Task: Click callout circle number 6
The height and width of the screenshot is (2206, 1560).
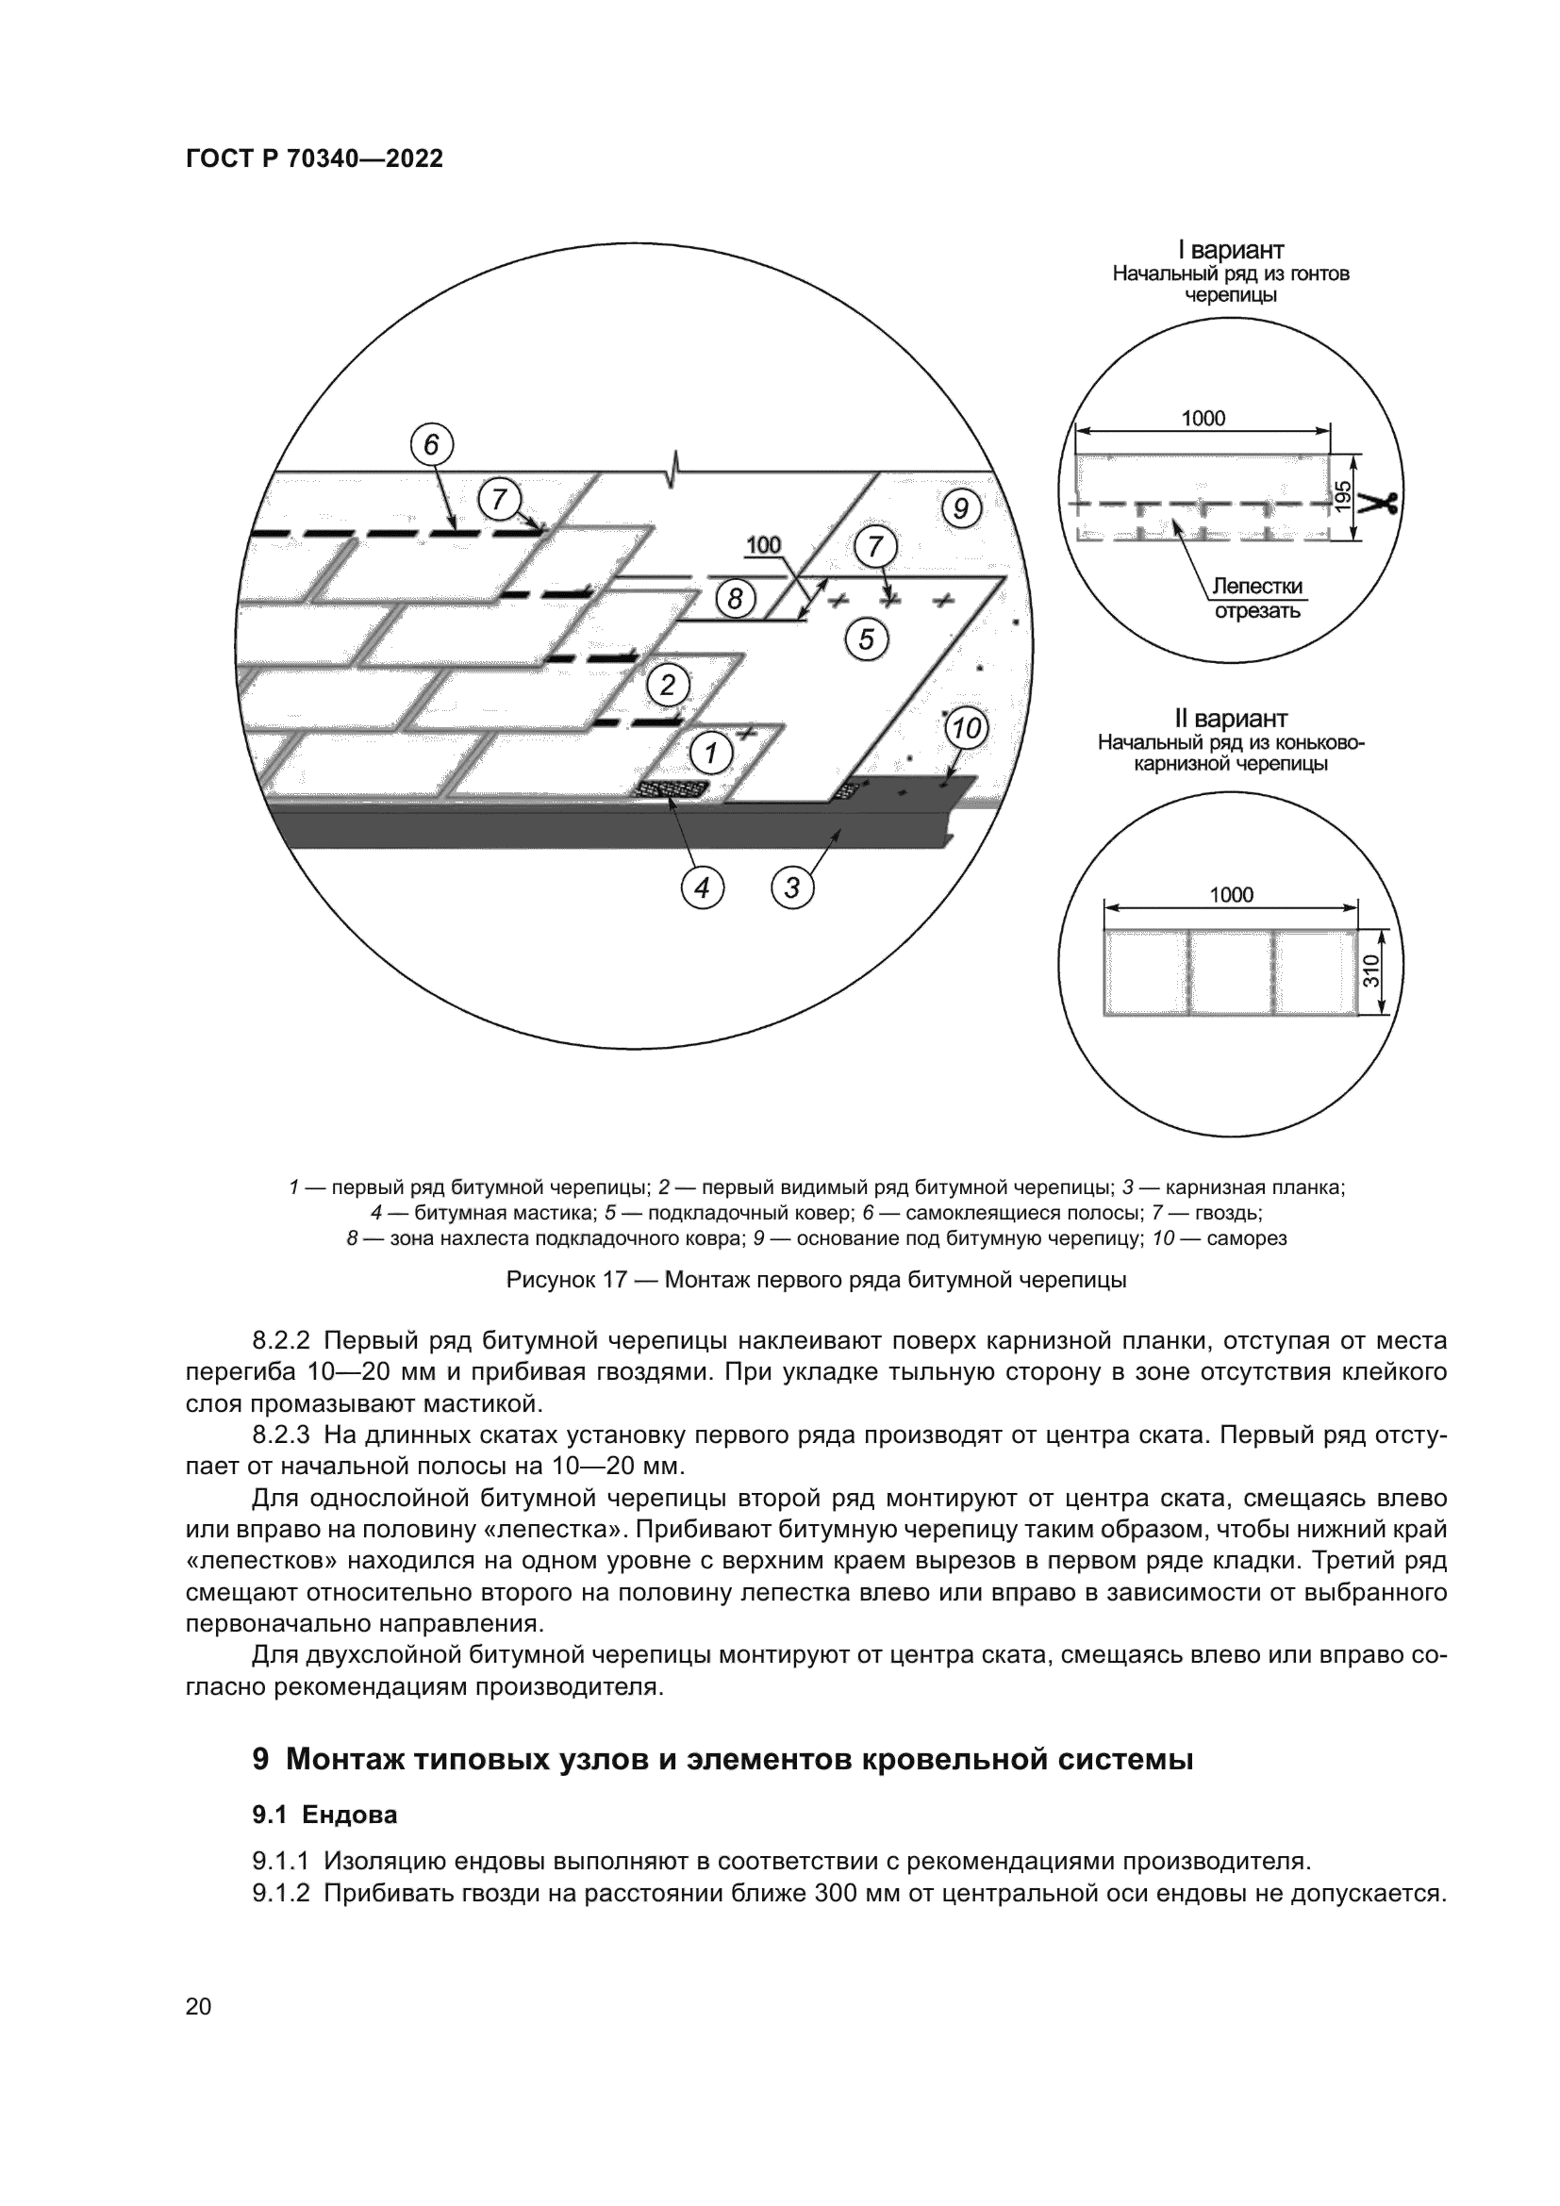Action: click(x=431, y=445)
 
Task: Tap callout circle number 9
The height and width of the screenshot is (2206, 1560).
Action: click(x=960, y=506)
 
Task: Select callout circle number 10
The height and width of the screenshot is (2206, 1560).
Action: click(x=967, y=728)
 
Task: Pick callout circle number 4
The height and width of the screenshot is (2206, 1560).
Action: click(x=703, y=888)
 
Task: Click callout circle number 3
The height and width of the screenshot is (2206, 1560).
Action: click(x=792, y=887)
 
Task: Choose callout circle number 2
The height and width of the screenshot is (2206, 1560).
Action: click(x=668, y=685)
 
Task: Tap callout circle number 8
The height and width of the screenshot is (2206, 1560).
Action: click(x=735, y=600)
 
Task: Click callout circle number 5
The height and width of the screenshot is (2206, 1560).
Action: click(x=867, y=638)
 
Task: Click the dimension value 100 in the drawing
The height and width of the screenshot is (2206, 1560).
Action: click(x=764, y=546)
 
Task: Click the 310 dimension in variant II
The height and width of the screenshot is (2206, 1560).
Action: click(x=1370, y=970)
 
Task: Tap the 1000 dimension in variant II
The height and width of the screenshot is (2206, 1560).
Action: click(x=1232, y=894)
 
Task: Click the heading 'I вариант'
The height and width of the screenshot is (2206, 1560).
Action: click(x=1231, y=251)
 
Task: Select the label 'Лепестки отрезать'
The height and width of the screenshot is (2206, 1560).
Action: click(x=1257, y=599)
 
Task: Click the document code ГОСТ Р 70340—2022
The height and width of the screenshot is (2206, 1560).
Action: click(x=314, y=159)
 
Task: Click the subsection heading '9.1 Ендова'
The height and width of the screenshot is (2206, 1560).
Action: click(x=324, y=1815)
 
